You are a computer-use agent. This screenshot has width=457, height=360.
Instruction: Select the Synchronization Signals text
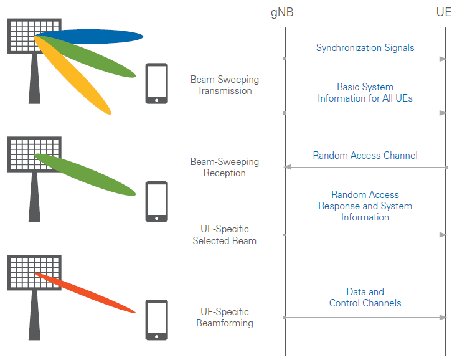[x=365, y=47]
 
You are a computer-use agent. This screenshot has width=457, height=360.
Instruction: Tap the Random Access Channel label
[x=365, y=156]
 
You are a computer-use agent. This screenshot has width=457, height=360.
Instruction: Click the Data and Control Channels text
[x=365, y=298]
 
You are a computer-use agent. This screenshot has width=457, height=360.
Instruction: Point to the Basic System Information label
[x=365, y=93]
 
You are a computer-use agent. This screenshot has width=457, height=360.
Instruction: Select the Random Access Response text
[x=365, y=206]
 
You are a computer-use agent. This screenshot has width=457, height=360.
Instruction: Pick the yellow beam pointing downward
[x=78, y=81]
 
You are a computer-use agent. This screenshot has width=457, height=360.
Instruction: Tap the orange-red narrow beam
[x=87, y=293]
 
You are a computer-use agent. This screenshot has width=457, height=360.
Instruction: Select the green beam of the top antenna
[x=93, y=59]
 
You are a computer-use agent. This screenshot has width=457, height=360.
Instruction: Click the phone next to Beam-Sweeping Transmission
[x=156, y=83]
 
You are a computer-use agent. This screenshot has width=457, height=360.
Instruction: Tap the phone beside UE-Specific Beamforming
[x=156, y=320]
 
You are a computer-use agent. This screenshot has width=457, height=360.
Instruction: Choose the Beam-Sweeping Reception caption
[x=224, y=168]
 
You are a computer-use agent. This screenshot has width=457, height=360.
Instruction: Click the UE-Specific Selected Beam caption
[x=224, y=235]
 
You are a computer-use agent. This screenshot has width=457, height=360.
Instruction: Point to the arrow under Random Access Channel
[x=365, y=167]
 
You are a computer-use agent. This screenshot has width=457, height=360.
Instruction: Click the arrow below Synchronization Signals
[x=365, y=59]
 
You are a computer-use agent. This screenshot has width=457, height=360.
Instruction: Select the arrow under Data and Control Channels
[x=365, y=318]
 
